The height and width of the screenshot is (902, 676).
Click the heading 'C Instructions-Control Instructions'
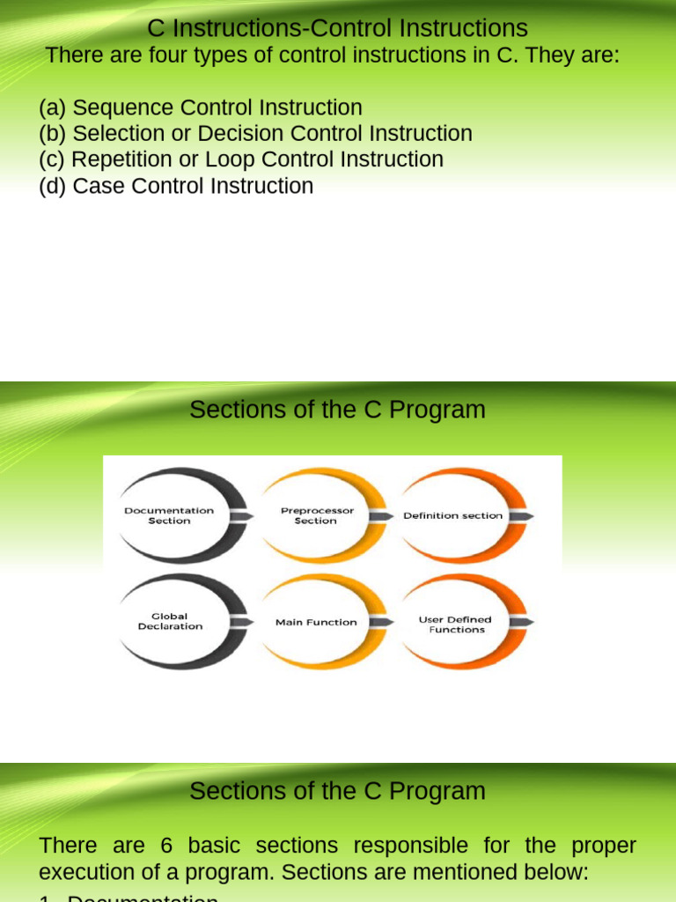[x=337, y=28]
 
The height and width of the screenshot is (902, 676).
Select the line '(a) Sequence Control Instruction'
[x=201, y=107]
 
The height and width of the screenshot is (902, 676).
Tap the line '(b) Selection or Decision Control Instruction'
[x=255, y=134]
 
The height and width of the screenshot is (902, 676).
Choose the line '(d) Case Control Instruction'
[x=176, y=186]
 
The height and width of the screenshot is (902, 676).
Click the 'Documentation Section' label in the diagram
[x=169, y=515]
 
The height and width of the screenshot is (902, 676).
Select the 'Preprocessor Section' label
[x=316, y=515]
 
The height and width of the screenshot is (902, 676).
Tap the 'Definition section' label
[x=453, y=515]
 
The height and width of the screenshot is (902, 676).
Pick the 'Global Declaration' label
[x=170, y=621]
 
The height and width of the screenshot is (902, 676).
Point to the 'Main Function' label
[x=316, y=622]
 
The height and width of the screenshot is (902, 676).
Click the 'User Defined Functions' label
[x=456, y=625]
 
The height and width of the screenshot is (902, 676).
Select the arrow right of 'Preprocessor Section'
[x=381, y=515]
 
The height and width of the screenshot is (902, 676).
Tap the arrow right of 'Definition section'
[x=519, y=515]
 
